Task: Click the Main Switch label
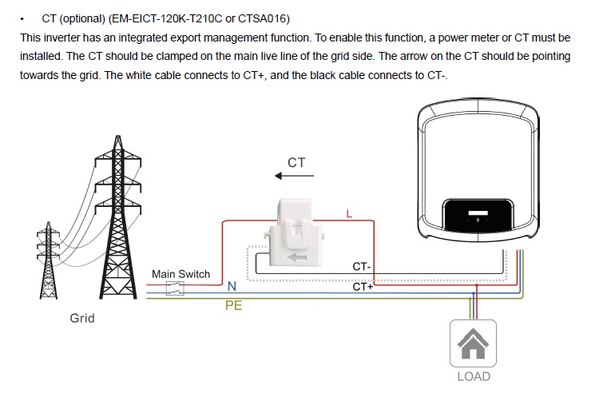[180, 274]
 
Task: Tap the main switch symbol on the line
[175, 288]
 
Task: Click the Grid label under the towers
[82, 318]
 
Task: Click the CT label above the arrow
[296, 162]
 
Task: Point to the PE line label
[234, 306]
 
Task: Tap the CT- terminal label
[362, 266]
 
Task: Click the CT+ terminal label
[363, 286]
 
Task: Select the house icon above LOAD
[473, 343]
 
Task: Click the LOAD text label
[473, 376]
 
